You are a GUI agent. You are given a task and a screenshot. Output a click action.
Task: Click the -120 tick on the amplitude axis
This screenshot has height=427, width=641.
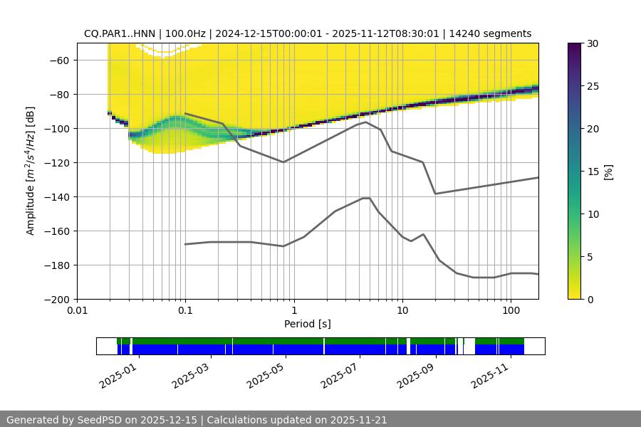click(60, 162)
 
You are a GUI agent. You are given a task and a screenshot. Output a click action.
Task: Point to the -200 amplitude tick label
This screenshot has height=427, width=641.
click(60, 299)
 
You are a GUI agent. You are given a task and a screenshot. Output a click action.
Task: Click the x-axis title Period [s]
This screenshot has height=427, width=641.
click(308, 324)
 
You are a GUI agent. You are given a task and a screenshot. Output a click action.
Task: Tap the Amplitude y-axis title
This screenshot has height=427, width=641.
click(30, 171)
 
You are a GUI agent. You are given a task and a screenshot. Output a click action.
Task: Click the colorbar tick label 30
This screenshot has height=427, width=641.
click(593, 43)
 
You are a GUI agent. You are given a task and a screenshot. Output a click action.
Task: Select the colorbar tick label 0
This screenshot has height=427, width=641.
click(590, 300)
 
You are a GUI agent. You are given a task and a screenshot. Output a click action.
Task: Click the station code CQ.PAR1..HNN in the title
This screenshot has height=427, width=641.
click(121, 33)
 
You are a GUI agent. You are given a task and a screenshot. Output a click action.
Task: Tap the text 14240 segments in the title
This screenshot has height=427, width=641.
click(496, 33)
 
